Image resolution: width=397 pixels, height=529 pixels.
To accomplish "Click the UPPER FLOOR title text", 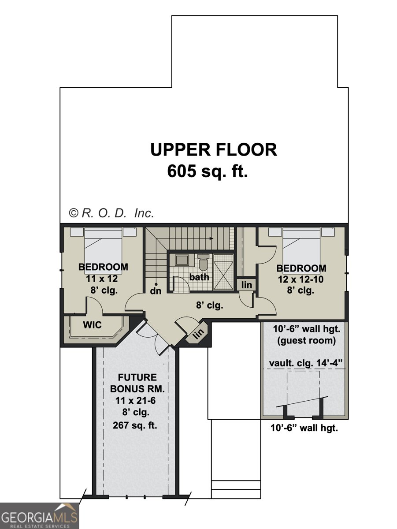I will [x=214, y=150].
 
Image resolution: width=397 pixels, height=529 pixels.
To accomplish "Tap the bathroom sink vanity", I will [x=182, y=260].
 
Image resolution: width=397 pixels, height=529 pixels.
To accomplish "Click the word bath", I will [x=199, y=277].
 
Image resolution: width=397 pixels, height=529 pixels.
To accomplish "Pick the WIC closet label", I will [x=93, y=325].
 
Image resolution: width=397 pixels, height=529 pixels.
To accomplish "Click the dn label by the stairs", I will [x=155, y=291].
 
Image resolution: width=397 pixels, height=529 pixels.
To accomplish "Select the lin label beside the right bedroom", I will [x=247, y=285].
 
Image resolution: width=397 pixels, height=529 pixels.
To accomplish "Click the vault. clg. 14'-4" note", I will [x=306, y=363].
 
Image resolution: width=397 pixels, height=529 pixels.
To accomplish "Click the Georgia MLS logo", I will [x=40, y=516].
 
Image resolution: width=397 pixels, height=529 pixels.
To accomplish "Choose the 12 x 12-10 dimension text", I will [x=301, y=279].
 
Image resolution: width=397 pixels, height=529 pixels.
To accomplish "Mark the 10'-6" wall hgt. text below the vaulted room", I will [x=304, y=428].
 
